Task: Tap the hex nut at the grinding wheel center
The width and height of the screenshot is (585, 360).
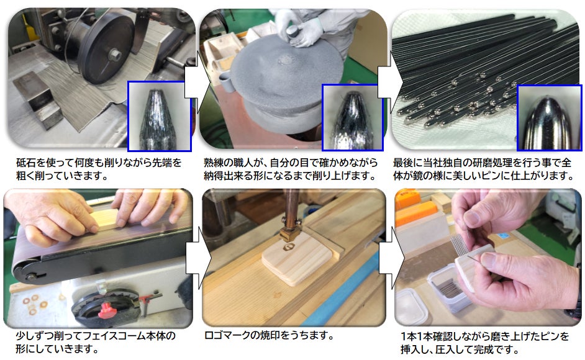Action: tap(114, 55)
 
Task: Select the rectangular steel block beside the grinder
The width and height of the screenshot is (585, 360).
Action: tap(37, 99)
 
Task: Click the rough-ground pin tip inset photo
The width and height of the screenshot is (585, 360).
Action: tap(160, 116)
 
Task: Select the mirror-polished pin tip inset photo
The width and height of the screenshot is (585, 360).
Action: tap(549, 117)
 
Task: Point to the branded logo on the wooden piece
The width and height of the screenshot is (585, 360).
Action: tap(288, 247)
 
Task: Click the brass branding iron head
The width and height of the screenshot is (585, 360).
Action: tap(290, 233)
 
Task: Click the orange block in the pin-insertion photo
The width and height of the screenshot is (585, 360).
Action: tap(415, 214)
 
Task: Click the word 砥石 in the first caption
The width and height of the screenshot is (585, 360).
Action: tap(25, 163)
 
